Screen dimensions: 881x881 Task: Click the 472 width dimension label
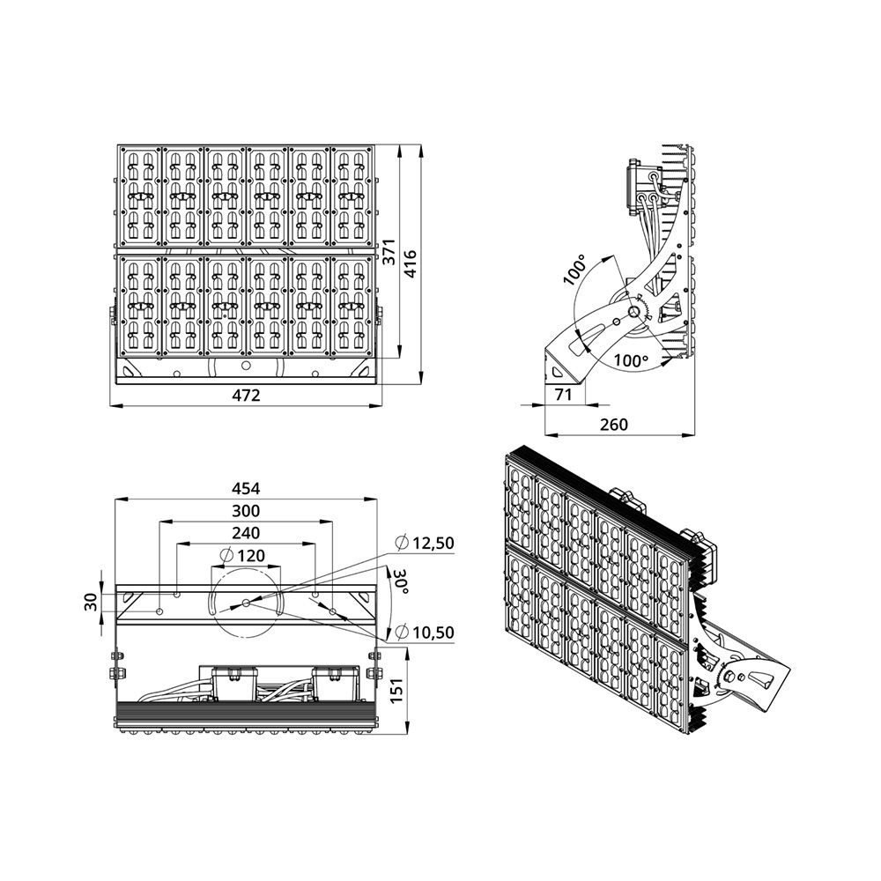coord(246,396)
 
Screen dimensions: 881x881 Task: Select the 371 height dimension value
coord(389,251)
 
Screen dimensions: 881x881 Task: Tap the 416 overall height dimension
coord(411,264)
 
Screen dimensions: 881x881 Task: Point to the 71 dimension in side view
coord(563,395)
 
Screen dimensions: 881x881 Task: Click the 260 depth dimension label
coord(613,425)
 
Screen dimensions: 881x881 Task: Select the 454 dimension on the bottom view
coord(246,488)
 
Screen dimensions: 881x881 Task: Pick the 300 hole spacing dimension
coord(246,510)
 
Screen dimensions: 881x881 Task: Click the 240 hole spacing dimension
coord(246,533)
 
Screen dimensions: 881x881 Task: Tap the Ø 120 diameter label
coord(242,556)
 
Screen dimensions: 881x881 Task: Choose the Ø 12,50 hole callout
coord(425,543)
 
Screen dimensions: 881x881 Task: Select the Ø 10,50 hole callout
coord(425,632)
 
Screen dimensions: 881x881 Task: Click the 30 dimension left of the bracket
coord(93,603)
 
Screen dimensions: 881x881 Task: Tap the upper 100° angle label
coord(574,270)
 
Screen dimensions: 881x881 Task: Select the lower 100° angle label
coord(631,360)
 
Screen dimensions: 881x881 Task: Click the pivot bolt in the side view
coord(633,313)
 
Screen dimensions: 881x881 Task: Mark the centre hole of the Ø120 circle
coord(246,603)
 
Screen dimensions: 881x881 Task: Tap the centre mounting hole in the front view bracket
coord(246,366)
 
